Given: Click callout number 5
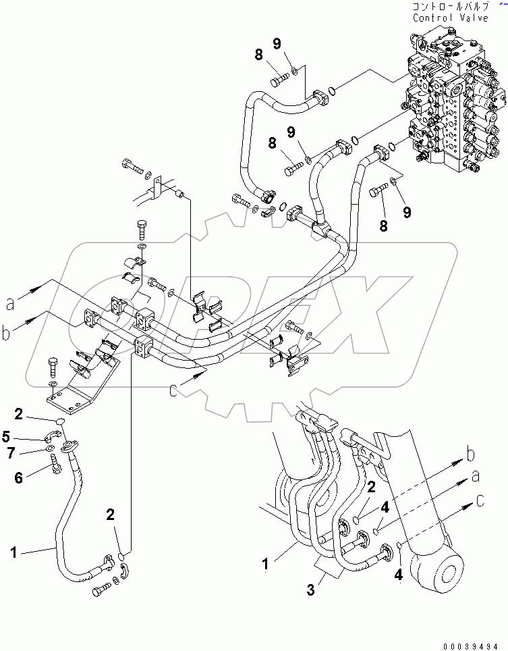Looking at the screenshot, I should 25,436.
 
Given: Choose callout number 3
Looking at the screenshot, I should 311,590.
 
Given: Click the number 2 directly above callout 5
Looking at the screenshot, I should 38,413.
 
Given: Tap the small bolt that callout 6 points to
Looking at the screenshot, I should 56,464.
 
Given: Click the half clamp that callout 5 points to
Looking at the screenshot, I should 55,436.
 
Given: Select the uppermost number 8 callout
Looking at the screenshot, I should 258,55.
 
